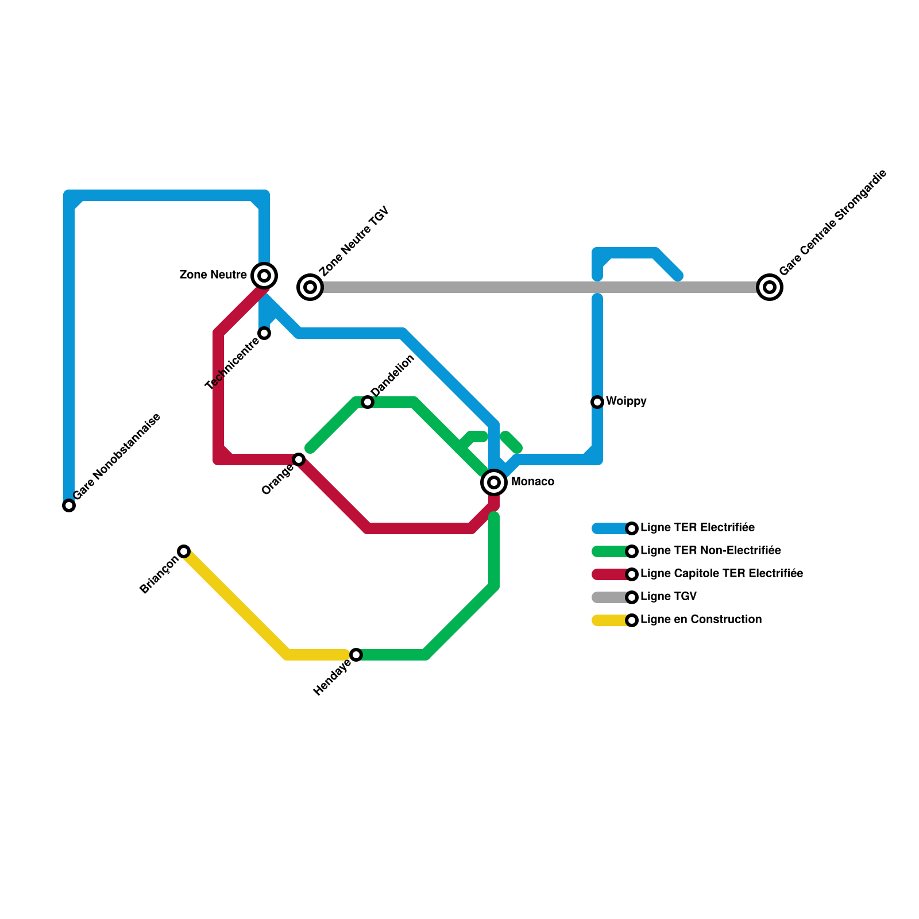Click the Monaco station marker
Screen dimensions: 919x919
point(494,482)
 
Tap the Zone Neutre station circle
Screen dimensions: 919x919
point(264,276)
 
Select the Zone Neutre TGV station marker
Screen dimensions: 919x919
point(310,287)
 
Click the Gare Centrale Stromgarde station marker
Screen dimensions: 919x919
point(770,287)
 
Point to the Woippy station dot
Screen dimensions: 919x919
point(597,402)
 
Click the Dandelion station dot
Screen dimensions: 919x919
point(368,402)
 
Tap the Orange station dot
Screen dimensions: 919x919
point(299,459)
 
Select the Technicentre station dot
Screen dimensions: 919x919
point(264,333)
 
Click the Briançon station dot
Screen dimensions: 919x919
point(184,551)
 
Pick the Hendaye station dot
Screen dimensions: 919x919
point(356,655)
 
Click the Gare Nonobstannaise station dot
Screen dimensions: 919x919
point(69,505)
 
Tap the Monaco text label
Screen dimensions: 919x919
point(532,482)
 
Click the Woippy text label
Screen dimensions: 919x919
point(626,401)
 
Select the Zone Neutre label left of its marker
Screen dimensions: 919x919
point(213,275)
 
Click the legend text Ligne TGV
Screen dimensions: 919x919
point(668,597)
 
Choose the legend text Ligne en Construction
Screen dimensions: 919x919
point(701,620)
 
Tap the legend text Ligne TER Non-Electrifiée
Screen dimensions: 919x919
point(711,551)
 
